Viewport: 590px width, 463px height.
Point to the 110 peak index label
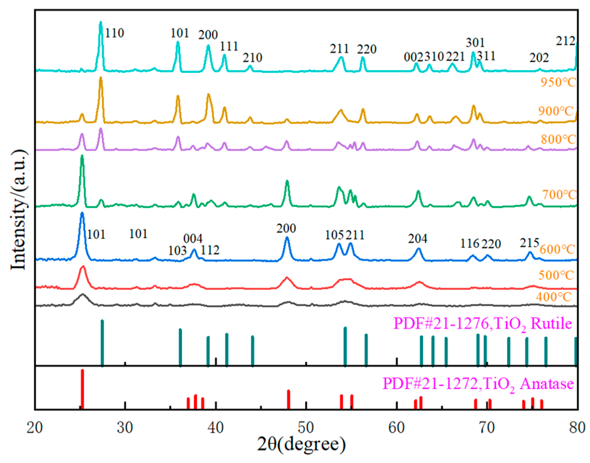(x=115, y=33)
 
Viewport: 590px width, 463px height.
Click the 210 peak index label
(x=252, y=58)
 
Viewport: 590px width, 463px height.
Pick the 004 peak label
(x=193, y=239)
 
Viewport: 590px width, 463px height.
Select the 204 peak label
(x=418, y=239)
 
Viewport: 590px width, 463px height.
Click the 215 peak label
(x=529, y=243)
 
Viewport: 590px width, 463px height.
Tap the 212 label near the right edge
(x=566, y=41)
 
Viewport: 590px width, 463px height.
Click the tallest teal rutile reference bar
(x=102, y=343)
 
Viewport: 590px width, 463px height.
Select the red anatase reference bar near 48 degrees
(x=288, y=399)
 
